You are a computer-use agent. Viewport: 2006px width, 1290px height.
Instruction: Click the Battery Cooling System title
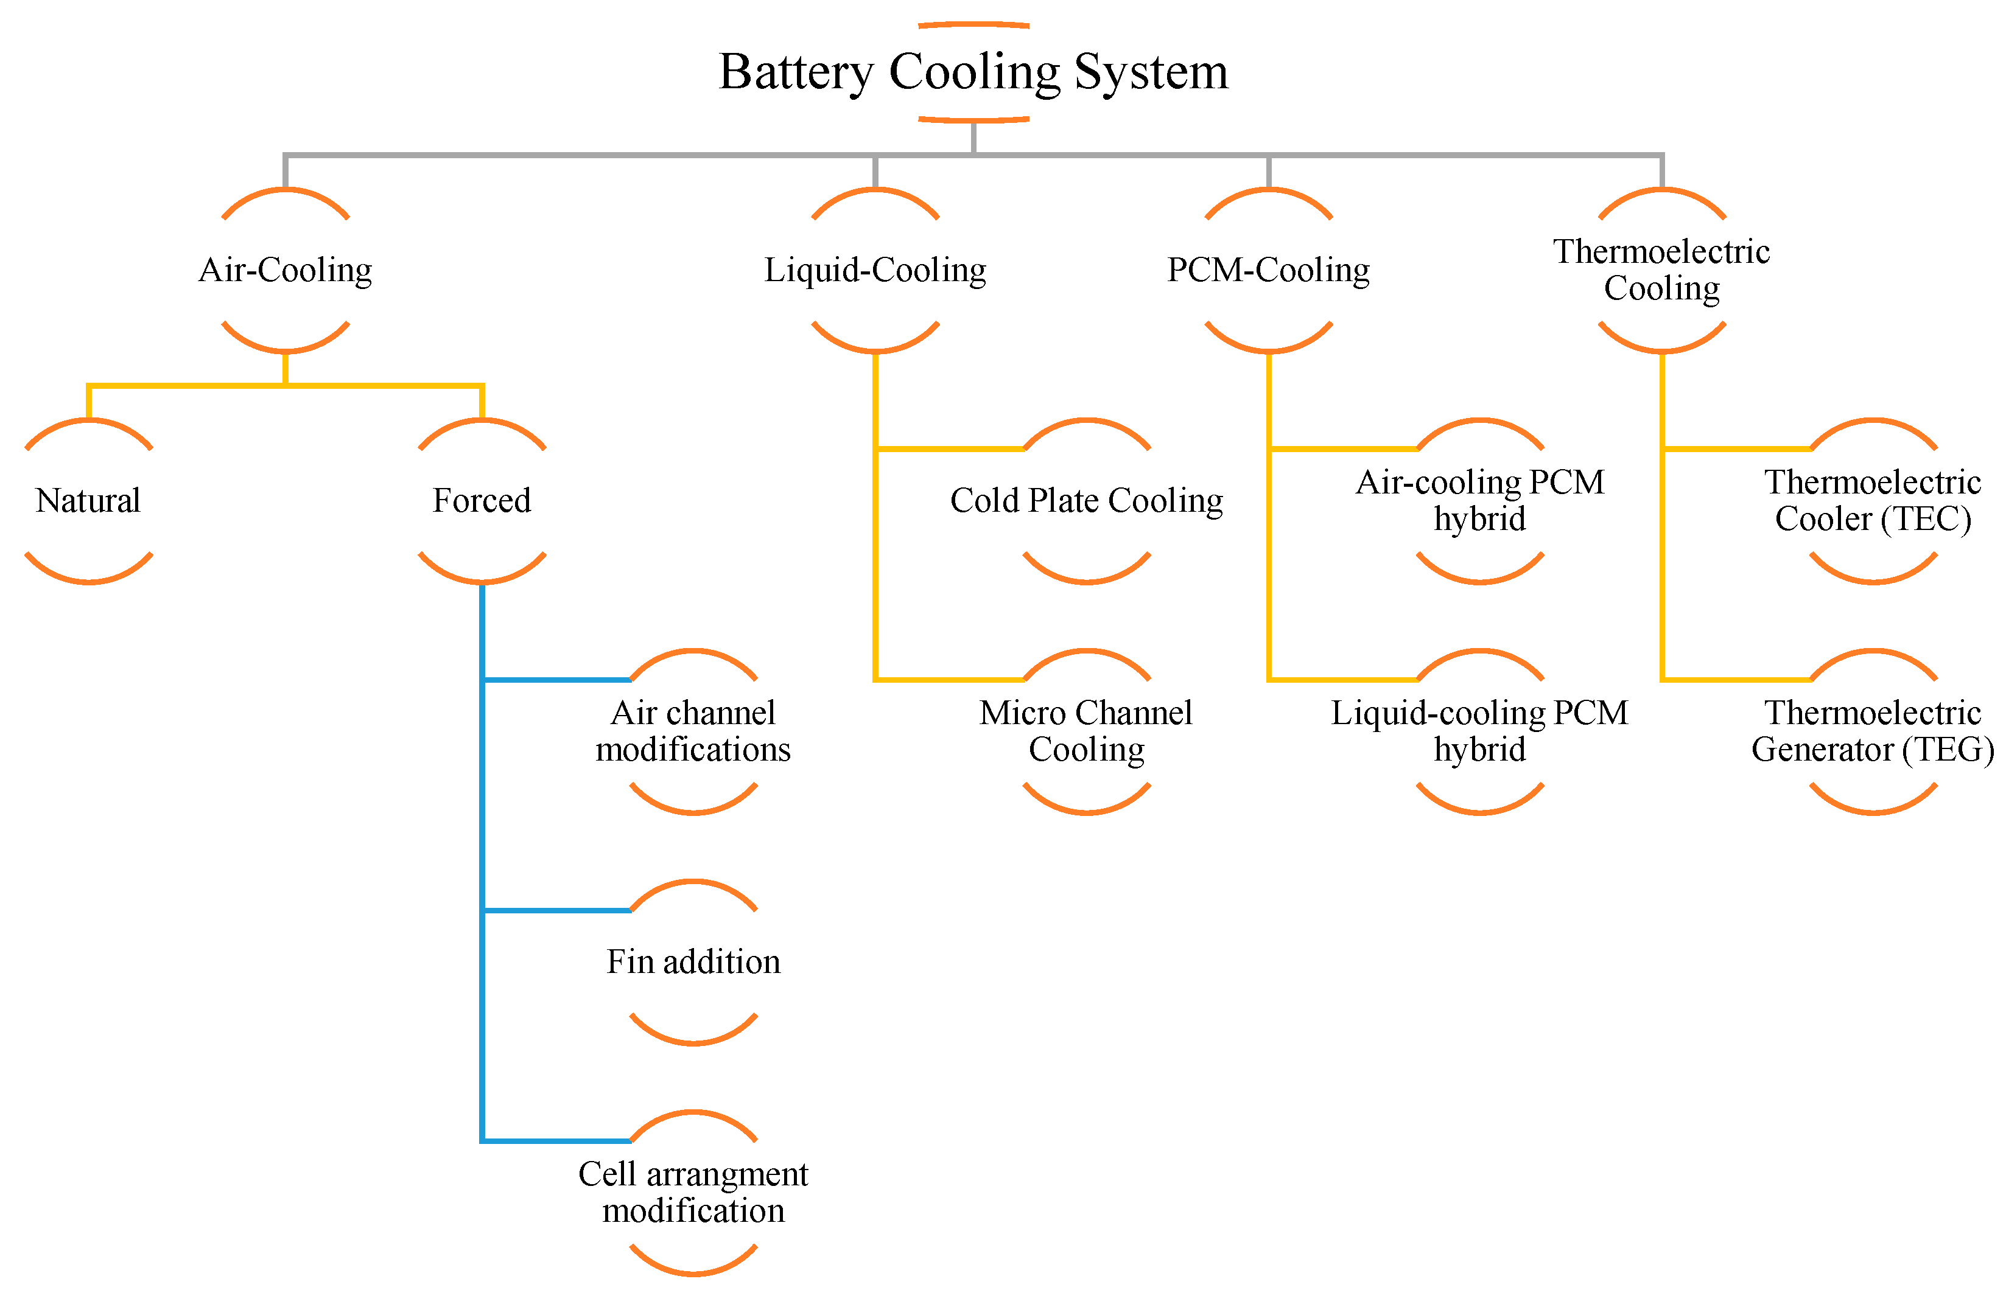tap(973, 72)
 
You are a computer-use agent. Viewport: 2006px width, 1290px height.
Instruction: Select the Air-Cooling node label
tap(285, 270)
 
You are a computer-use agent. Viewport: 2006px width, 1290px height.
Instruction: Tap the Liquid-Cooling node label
tap(875, 270)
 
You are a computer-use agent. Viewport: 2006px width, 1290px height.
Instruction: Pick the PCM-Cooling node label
tap(1268, 270)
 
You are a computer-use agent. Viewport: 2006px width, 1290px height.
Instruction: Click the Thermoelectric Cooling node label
tap(1661, 270)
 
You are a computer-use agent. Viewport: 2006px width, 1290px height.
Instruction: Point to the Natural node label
tap(88, 501)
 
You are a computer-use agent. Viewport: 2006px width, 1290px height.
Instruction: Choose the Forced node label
tap(482, 501)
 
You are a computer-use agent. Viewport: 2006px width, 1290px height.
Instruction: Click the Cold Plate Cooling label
tap(1086, 501)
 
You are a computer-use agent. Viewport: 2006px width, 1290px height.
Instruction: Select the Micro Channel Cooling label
tap(1086, 731)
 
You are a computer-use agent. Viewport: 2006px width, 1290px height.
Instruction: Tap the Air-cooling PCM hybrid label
tap(1480, 501)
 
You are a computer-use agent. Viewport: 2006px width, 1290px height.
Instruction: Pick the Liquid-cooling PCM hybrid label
tap(1480, 731)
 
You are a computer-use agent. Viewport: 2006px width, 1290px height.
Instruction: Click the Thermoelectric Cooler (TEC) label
tap(1873, 501)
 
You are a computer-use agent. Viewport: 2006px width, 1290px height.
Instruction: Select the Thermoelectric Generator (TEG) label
tap(1873, 731)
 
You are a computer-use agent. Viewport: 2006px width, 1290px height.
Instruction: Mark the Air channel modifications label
tap(693, 731)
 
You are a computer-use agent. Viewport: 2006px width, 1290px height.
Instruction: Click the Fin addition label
tap(693, 961)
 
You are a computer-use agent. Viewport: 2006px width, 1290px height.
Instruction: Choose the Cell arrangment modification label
tap(693, 1193)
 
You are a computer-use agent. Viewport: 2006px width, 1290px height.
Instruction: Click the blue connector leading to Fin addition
tap(557, 910)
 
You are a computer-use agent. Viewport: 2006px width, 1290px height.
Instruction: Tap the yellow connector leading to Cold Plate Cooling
tap(949, 449)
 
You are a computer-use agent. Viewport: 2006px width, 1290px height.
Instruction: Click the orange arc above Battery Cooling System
tap(973, 24)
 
